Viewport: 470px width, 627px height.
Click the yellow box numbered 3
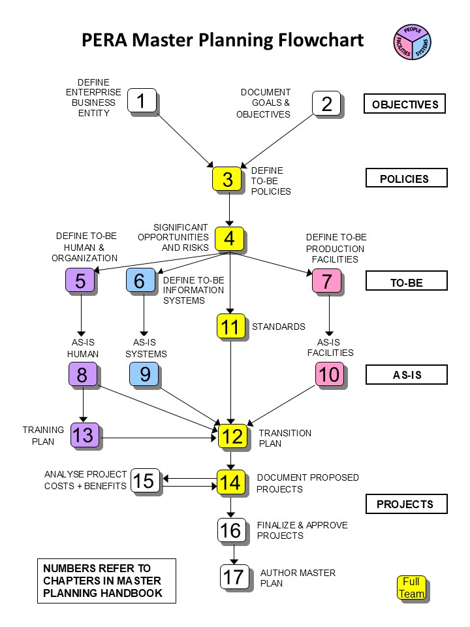point(227,179)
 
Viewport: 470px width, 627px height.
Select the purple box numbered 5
point(80,280)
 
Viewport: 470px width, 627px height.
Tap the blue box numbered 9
point(144,374)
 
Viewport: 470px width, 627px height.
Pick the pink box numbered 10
point(330,374)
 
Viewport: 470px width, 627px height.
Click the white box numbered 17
point(234,577)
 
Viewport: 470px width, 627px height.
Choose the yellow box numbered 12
point(232,436)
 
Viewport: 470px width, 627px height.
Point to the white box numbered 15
point(145,481)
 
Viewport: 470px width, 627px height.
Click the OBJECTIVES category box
point(405,104)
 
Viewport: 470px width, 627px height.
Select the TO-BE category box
point(407,281)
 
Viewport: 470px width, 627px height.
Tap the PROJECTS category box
point(407,504)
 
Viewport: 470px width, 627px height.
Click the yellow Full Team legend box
point(412,588)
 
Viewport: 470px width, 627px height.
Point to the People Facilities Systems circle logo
point(413,42)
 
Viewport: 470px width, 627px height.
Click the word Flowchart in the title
point(321,40)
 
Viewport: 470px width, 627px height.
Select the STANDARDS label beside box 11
point(279,327)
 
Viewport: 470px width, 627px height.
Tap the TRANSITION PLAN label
point(285,438)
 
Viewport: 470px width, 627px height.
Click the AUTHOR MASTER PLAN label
point(298,578)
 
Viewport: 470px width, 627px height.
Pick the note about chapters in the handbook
point(106,581)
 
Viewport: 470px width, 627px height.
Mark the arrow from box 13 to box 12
point(159,438)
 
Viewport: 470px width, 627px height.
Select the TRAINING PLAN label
point(43,436)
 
